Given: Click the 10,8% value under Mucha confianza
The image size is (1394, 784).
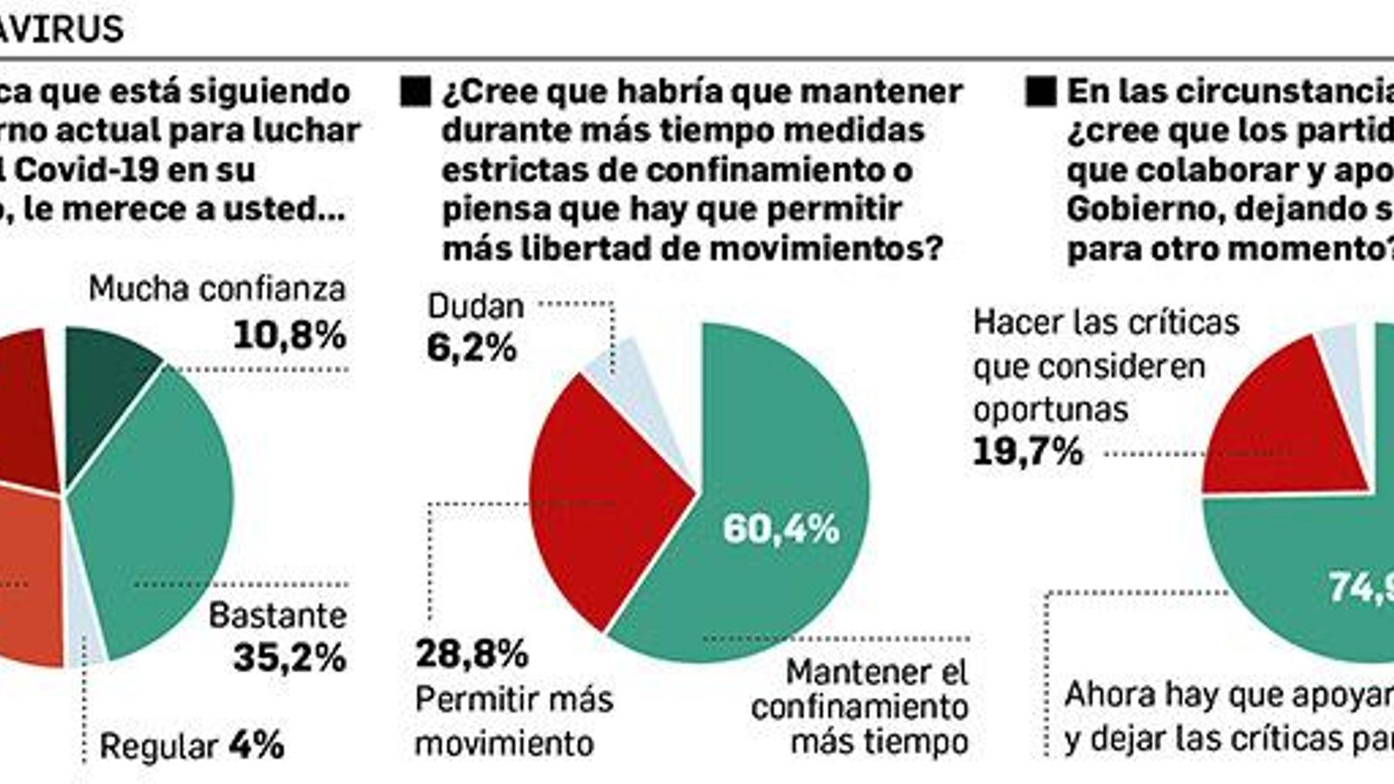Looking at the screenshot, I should tap(289, 335).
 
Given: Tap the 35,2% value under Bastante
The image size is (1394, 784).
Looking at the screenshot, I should tap(289, 658).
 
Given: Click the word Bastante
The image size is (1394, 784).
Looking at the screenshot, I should tap(277, 616).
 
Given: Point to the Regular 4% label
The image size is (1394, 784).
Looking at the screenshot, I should tap(192, 746).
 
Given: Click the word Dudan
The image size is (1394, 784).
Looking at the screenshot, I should tap(476, 306).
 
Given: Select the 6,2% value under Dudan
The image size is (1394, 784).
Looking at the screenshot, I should tap(471, 348).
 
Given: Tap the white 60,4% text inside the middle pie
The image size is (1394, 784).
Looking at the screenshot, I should tap(781, 529).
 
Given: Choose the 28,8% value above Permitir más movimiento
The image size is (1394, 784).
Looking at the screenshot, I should tap(471, 653).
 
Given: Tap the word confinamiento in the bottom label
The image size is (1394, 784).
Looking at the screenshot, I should tap(859, 707).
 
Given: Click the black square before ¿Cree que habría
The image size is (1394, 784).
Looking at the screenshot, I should tap(416, 91).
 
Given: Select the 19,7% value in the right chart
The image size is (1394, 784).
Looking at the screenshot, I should tap(1028, 452).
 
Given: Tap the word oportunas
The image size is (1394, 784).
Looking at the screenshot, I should tap(1050, 409).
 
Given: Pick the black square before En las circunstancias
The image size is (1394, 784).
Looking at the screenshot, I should tap(1040, 91).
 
